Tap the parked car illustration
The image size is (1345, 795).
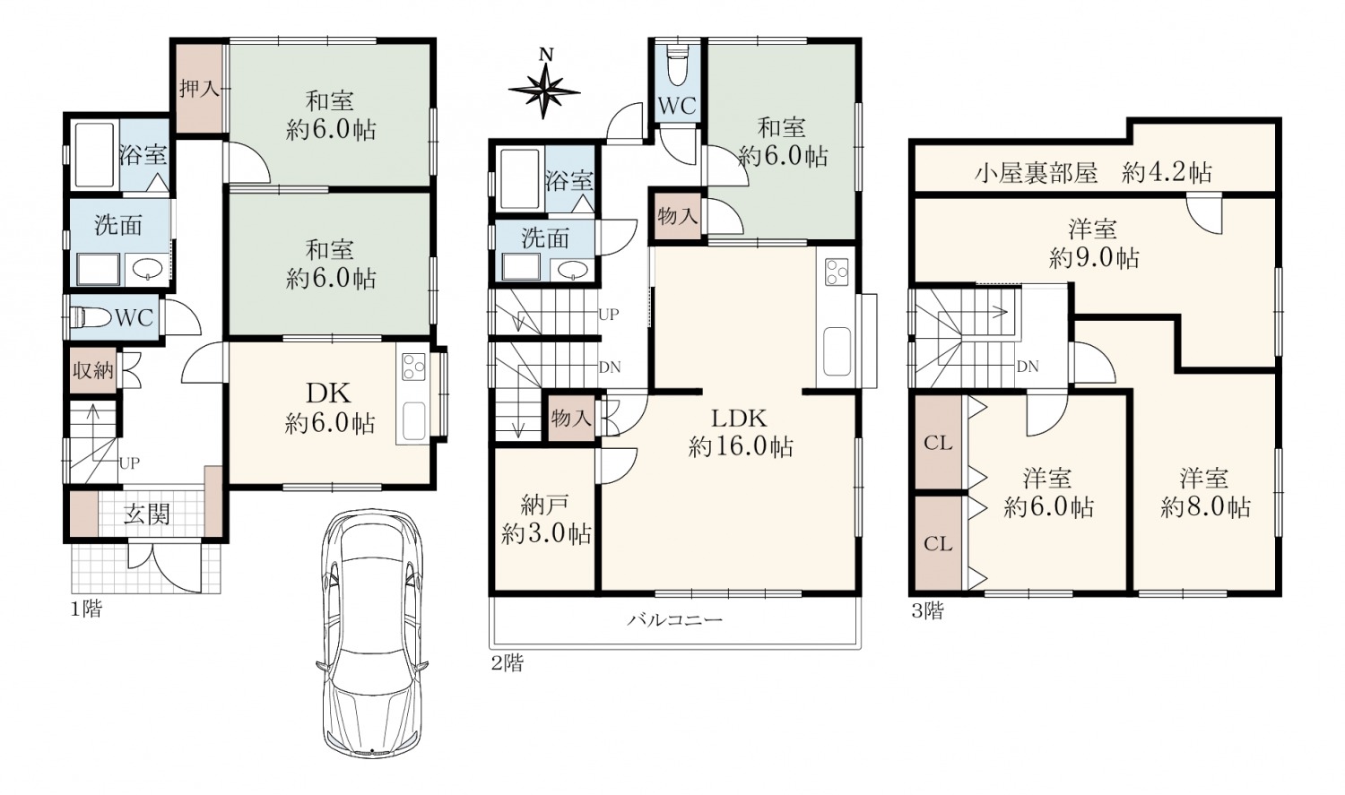372,634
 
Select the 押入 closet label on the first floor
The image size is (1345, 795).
199,90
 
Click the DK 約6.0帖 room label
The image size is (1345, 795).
330,409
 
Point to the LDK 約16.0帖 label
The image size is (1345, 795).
741,432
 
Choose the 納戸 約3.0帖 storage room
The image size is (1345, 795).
546,520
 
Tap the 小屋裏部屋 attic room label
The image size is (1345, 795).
1036,173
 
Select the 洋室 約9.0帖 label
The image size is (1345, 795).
1093,244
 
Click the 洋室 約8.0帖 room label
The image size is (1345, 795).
1205,493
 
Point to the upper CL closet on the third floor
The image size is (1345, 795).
939,444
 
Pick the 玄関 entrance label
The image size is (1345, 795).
146,514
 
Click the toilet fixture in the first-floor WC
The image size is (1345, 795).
90,316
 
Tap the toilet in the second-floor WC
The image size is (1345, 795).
677,65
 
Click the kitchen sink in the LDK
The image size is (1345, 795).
837,350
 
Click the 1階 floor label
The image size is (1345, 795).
87,609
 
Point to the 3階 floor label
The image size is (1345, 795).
928,610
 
